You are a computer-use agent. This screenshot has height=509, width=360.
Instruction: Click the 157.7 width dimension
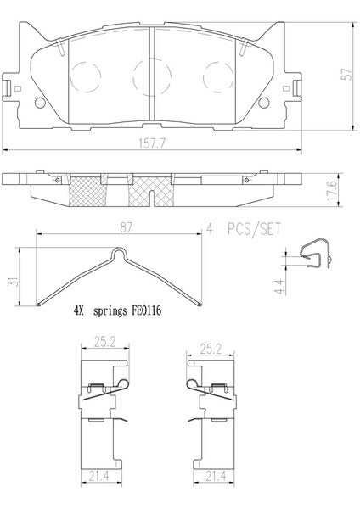[152, 143]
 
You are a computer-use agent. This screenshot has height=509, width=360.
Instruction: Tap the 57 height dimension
[348, 74]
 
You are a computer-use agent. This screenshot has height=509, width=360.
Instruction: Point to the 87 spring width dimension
[126, 227]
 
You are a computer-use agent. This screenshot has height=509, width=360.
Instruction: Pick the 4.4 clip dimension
[280, 287]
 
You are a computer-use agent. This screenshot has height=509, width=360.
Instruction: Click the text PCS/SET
[254, 229]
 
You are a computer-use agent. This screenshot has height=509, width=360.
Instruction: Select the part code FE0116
[146, 310]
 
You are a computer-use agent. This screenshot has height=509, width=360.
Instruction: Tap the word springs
[110, 311]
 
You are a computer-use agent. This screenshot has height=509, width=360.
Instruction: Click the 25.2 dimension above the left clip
[105, 342]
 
